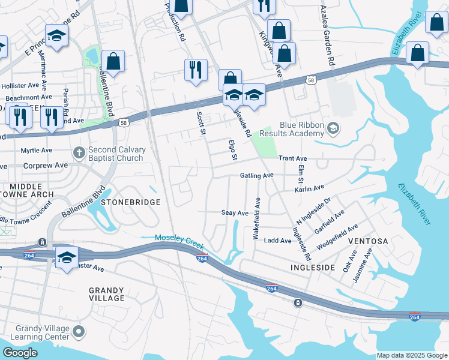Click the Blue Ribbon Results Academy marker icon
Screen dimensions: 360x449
click(x=333, y=128)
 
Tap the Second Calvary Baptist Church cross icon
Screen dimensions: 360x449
click(x=79, y=154)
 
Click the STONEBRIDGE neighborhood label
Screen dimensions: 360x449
click(x=130, y=202)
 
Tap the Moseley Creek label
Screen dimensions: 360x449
click(x=179, y=238)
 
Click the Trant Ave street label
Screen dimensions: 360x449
click(x=293, y=158)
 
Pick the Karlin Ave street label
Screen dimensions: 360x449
click(x=309, y=188)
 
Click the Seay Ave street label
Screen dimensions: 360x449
click(x=235, y=213)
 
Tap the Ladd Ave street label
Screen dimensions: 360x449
click(x=278, y=240)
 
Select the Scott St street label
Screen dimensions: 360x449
click(x=201, y=123)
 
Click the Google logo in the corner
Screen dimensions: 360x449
click(x=20, y=352)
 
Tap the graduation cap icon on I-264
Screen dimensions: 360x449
click(x=67, y=257)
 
